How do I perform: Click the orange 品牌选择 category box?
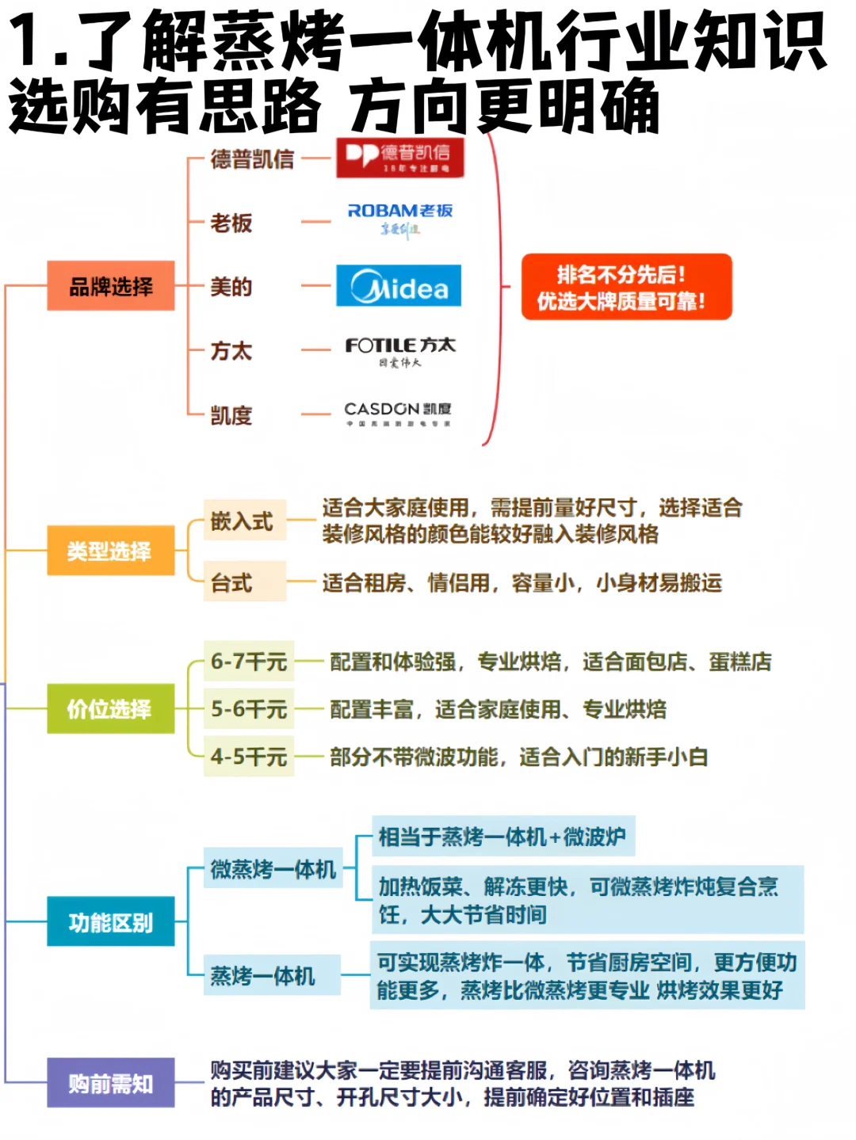click(110, 286)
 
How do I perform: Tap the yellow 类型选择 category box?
click(110, 551)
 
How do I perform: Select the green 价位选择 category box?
click(110, 708)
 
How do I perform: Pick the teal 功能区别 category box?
click(110, 922)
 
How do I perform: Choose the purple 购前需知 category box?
click(110, 1083)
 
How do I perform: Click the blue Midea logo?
click(399, 286)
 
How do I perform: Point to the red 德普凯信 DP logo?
click(399, 157)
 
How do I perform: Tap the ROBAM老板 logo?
click(399, 219)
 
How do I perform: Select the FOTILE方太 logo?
click(400, 351)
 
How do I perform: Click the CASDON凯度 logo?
click(398, 413)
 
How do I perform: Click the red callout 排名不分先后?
click(626, 287)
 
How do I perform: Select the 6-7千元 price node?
click(249, 662)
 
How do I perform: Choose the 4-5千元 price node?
click(249, 757)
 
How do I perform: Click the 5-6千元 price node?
click(249, 709)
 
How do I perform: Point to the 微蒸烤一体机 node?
click(273, 869)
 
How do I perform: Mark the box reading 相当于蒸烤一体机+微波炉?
click(503, 837)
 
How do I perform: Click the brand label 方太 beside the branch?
click(231, 351)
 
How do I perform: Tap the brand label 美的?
click(231, 287)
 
